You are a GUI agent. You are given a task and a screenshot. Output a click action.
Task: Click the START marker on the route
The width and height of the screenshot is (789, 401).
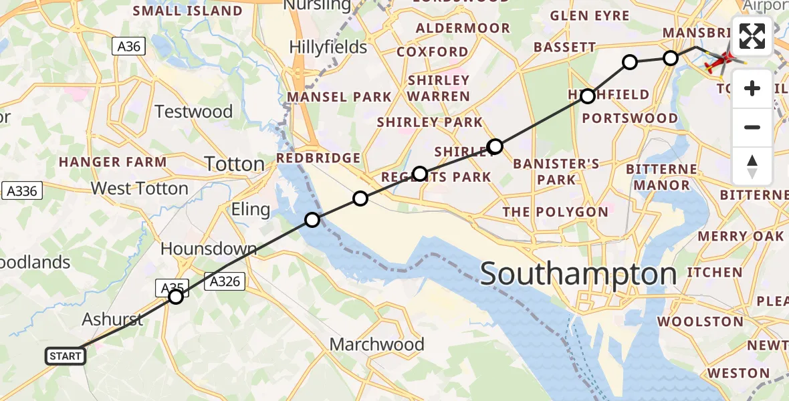66,356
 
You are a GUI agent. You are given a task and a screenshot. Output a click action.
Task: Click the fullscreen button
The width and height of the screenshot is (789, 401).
752,36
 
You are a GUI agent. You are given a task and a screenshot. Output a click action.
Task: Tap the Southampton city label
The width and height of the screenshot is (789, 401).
578,274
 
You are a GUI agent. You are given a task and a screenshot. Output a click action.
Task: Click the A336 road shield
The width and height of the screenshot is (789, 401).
21,190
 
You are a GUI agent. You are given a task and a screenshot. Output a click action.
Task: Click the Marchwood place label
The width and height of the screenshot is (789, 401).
377,344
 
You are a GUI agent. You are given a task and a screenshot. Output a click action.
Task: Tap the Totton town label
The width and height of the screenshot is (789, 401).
234,164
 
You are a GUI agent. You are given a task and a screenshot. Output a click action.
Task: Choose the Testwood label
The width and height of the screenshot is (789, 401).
193,111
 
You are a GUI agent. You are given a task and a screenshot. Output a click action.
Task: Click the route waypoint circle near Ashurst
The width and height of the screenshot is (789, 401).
175,296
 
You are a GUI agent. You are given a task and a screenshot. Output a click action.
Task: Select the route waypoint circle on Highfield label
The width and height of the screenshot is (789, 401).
587,96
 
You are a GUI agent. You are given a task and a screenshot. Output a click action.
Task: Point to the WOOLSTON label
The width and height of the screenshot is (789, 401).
700,321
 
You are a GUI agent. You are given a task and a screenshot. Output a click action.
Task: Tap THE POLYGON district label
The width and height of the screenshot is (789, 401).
555,213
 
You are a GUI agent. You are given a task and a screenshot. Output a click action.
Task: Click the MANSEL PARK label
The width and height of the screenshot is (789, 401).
339,98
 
